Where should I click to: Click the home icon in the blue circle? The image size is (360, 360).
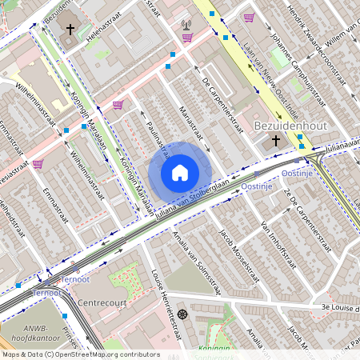tap(180, 173)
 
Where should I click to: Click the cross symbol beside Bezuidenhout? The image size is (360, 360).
tap(276, 140)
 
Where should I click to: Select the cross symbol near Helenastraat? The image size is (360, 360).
tap(70, 30)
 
